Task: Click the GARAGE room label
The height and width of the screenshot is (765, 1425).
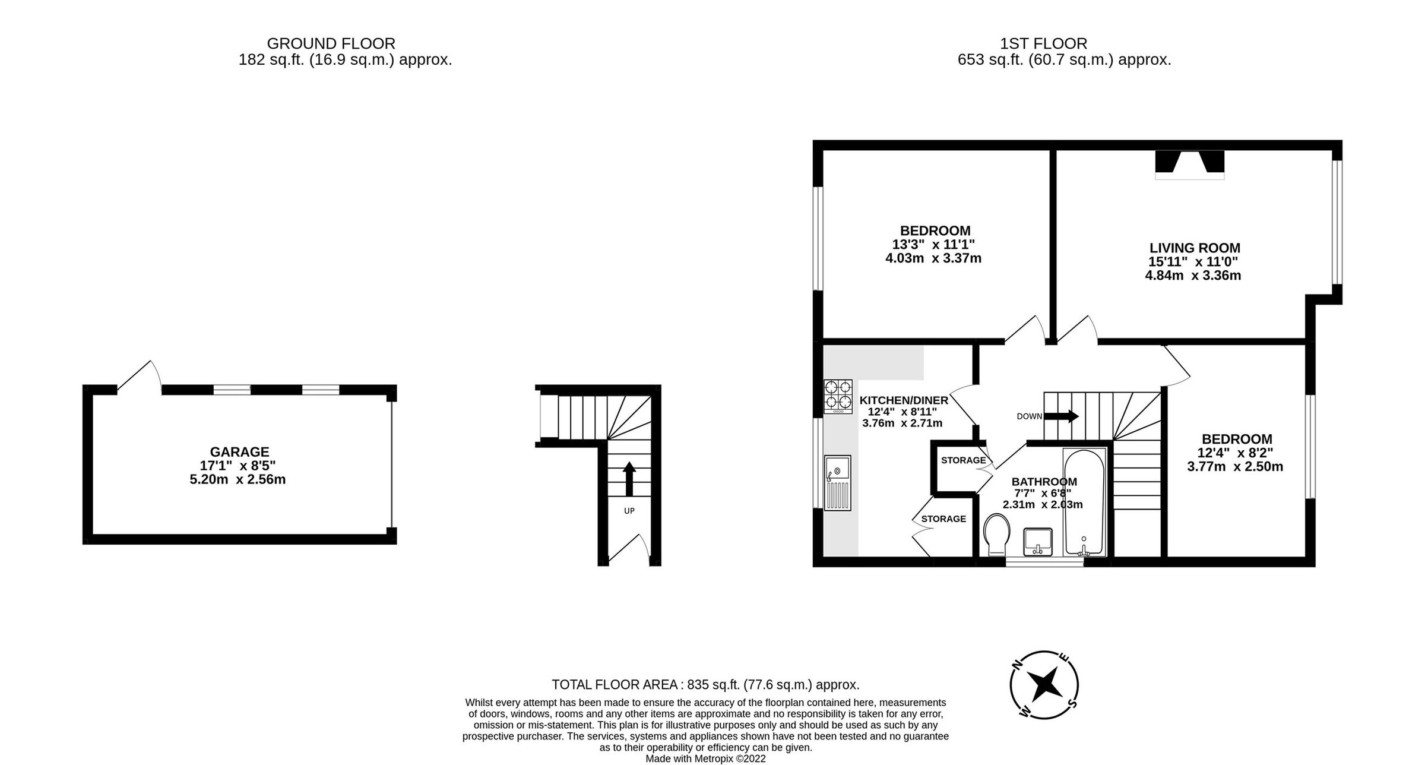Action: (x=239, y=452)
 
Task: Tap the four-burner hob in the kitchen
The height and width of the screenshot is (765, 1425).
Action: (x=838, y=396)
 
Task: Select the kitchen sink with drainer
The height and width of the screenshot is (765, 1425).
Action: (x=837, y=482)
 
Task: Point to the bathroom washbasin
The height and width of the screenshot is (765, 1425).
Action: (x=1038, y=541)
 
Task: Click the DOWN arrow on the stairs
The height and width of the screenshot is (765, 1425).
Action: (x=1061, y=416)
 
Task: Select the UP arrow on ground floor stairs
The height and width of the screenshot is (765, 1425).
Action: (x=629, y=479)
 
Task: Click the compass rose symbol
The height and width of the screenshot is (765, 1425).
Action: (x=1044, y=684)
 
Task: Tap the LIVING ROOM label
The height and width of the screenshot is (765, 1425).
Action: (x=1195, y=248)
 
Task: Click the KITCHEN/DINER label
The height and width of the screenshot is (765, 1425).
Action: (x=904, y=400)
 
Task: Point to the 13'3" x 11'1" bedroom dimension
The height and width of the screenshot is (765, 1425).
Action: (x=933, y=244)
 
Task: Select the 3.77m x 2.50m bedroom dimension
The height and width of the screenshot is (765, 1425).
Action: (x=1235, y=467)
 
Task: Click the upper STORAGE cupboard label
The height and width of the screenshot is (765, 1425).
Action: (x=963, y=460)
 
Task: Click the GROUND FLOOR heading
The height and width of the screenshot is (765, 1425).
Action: (x=331, y=43)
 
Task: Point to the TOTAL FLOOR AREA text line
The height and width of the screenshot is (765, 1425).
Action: (x=705, y=685)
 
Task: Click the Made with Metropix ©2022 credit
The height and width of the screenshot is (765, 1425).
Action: (x=705, y=758)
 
